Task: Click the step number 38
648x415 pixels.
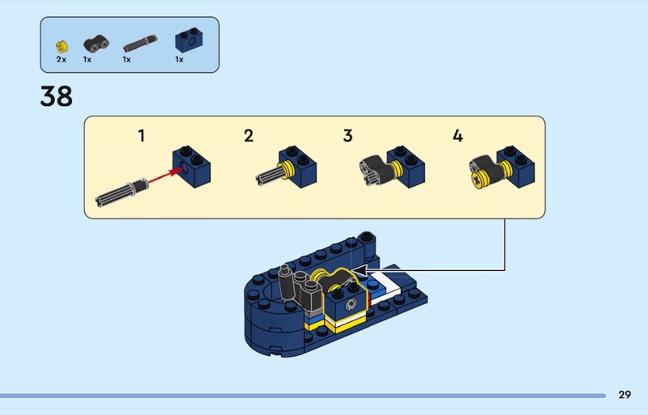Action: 56,96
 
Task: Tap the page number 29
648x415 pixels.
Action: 625,395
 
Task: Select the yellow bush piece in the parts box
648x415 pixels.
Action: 62,46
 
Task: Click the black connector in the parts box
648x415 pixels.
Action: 96,44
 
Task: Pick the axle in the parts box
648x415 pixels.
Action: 140,44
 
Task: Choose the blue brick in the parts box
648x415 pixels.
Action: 189,40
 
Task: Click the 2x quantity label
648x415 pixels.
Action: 62,60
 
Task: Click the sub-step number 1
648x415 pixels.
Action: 141,136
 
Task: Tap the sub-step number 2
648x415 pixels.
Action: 249,136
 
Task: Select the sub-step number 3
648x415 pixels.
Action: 347,136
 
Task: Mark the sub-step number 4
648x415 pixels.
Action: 458,136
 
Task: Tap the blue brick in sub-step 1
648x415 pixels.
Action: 191,167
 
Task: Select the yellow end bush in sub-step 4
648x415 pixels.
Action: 479,180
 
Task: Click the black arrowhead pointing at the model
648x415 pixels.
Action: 360,270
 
